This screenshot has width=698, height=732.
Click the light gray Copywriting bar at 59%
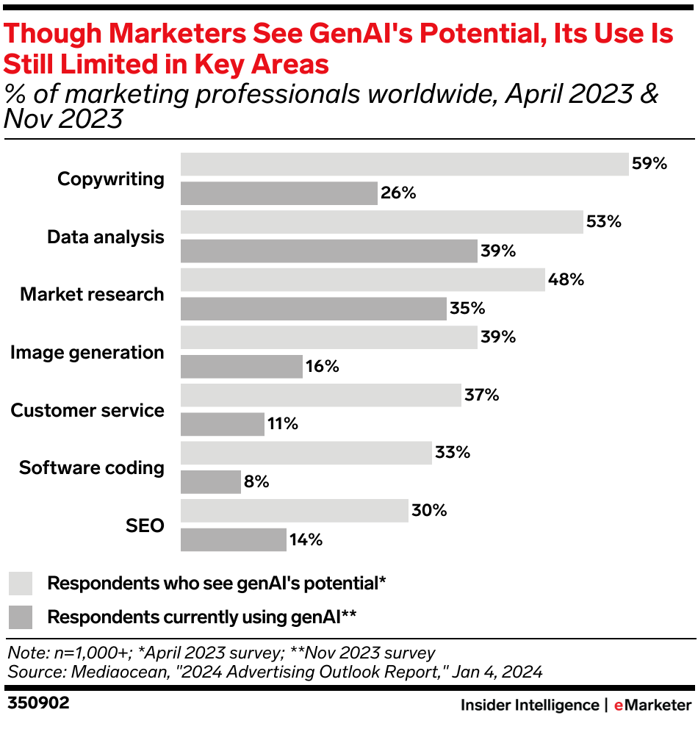[404, 165]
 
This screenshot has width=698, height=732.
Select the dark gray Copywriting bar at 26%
[278, 193]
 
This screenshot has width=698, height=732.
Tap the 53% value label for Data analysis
[604, 222]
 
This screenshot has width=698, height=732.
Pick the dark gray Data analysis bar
[328, 251]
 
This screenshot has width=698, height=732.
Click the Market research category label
[92, 295]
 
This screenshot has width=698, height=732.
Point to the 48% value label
[566, 280]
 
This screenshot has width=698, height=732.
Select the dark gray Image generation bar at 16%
[241, 367]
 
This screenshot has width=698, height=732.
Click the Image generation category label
[87, 353]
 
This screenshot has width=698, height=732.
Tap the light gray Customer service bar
[320, 395]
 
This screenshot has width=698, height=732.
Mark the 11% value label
[283, 424]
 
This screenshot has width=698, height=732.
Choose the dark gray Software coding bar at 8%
[210, 482]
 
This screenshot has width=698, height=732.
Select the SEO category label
[145, 526]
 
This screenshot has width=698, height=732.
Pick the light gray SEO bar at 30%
[294, 511]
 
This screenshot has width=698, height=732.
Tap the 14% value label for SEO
[306, 540]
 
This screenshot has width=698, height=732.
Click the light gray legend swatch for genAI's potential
[21, 584]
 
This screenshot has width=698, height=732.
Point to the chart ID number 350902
[38, 704]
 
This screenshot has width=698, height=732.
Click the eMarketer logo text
[652, 706]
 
